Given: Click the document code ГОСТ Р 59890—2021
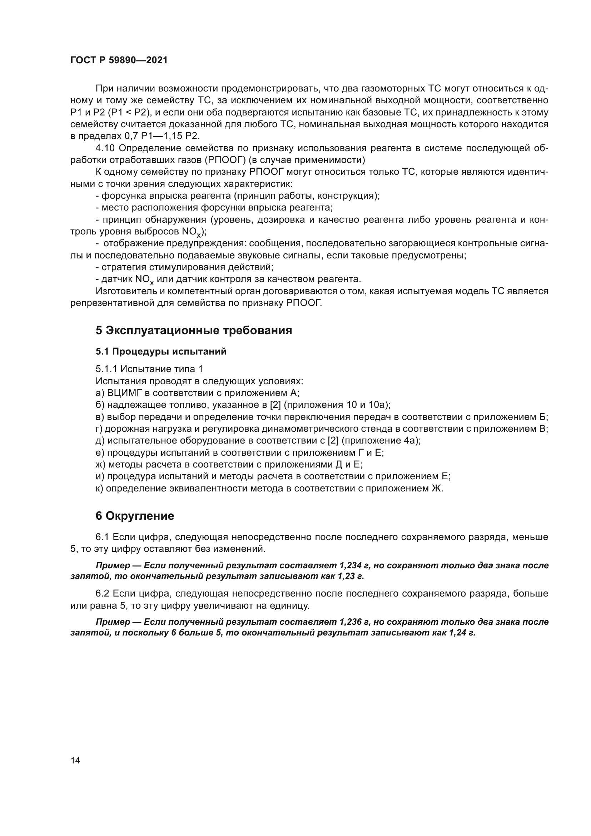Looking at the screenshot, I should pyautogui.click(x=119, y=60).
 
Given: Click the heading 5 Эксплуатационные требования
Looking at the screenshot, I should pyautogui.click(x=194, y=331).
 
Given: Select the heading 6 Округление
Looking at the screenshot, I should pyautogui.click(x=135, y=516).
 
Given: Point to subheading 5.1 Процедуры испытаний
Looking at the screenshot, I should pyautogui.click(x=161, y=351).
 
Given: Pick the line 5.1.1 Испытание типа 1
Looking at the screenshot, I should pyautogui.click(x=149, y=369).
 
